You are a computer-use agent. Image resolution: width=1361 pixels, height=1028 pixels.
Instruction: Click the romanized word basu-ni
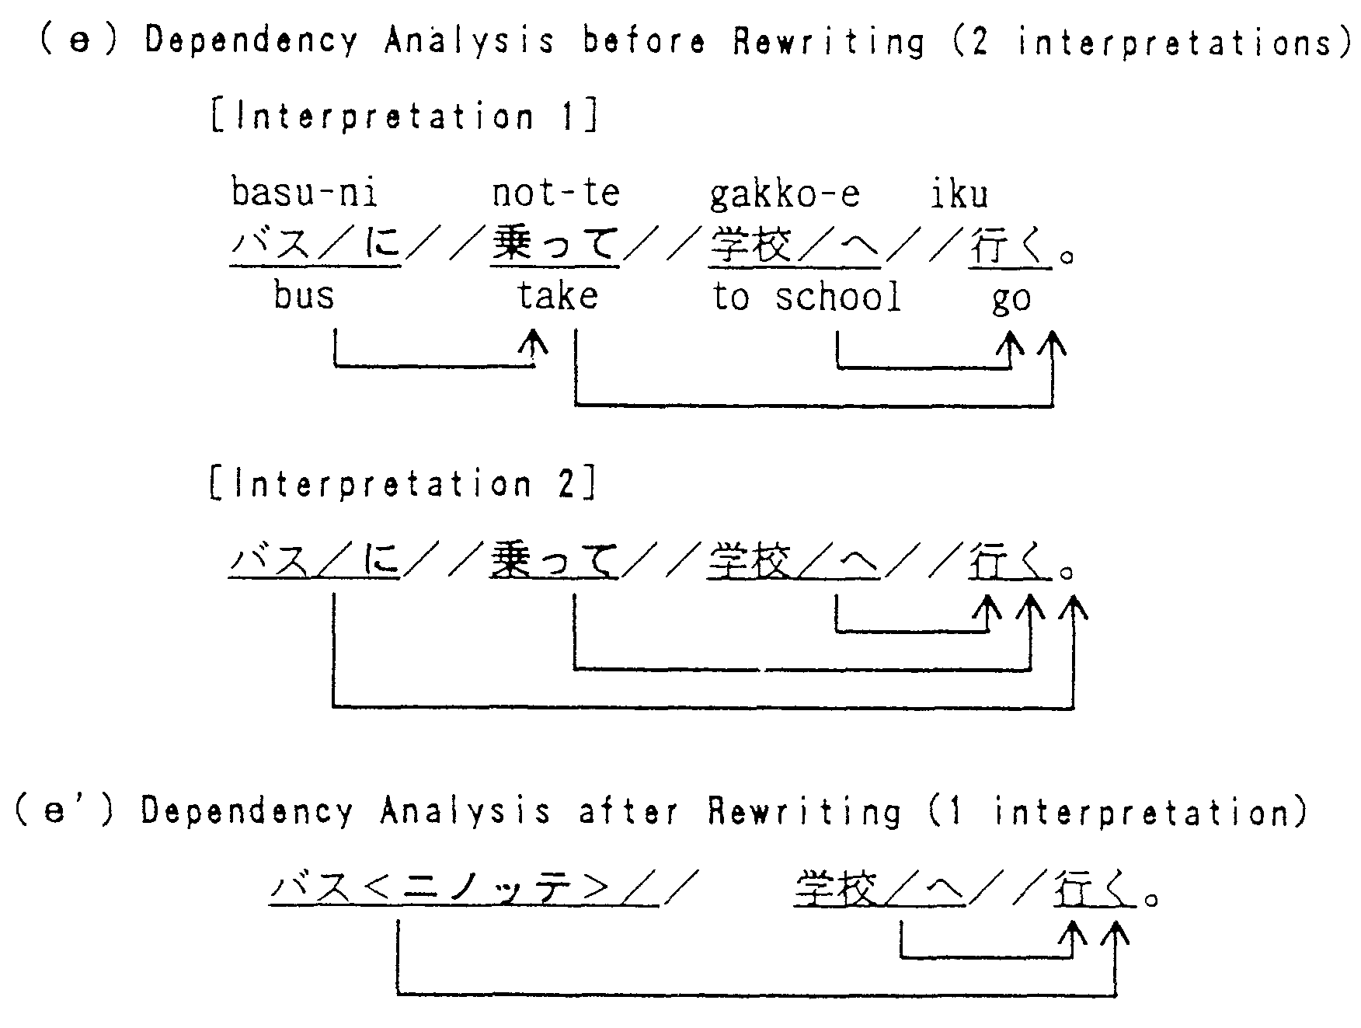tap(305, 192)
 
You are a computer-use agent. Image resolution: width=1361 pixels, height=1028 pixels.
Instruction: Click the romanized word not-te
tap(556, 192)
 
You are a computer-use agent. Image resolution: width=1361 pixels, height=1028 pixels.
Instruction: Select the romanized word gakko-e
tap(785, 193)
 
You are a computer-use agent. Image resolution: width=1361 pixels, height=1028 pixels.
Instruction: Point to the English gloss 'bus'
tap(304, 296)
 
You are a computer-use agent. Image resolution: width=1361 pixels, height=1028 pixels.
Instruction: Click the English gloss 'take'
tap(558, 296)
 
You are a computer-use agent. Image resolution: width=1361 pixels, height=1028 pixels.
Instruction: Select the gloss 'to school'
tap(807, 297)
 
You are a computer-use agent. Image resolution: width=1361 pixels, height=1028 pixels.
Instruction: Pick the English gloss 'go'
tap(1011, 299)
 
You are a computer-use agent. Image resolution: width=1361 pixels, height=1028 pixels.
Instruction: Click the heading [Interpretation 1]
tap(404, 117)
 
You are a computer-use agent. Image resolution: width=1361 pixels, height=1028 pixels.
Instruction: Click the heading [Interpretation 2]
tap(404, 484)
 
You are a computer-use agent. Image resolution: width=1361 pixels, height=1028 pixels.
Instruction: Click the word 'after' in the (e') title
tap(628, 812)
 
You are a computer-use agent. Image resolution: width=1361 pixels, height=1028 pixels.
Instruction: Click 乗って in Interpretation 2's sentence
tap(555, 560)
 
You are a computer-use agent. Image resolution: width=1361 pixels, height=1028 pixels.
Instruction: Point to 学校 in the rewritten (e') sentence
tap(836, 889)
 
